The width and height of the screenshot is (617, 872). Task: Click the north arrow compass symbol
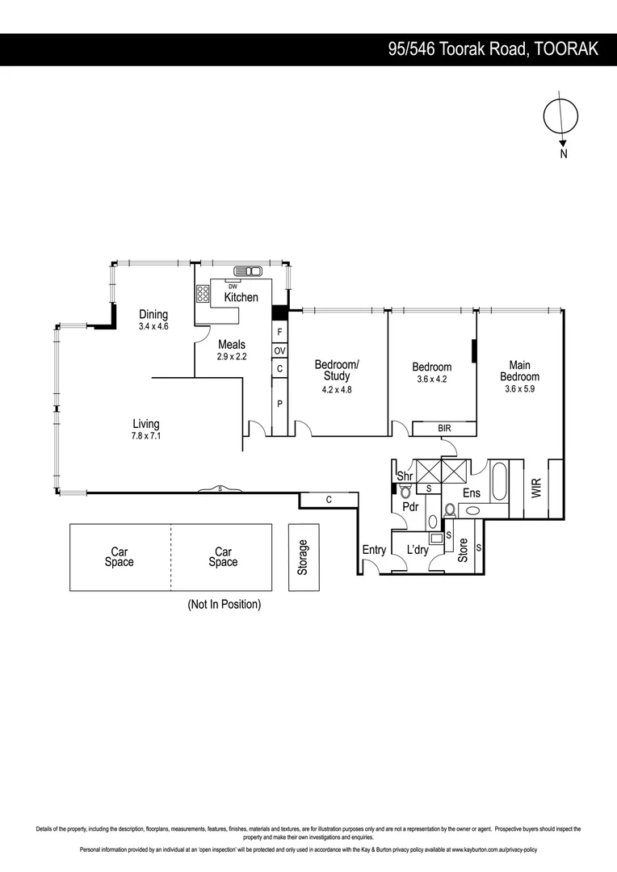click(560, 118)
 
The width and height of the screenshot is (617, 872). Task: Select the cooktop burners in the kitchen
click(203, 294)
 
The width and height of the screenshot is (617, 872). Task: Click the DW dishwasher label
click(233, 287)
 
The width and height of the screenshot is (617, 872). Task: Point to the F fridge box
click(279, 332)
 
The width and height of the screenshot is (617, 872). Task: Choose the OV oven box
click(279, 350)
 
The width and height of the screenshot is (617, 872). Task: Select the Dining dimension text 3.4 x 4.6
click(153, 326)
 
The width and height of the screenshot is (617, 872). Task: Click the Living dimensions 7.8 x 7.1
click(146, 436)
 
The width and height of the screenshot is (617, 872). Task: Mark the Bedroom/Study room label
click(336, 370)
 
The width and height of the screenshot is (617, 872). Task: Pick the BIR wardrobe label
click(444, 428)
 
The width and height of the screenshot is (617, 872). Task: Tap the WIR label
click(536, 488)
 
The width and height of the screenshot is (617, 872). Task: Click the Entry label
click(374, 550)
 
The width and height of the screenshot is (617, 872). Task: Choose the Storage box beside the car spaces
click(304, 557)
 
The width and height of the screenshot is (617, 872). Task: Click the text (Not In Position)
click(224, 604)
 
